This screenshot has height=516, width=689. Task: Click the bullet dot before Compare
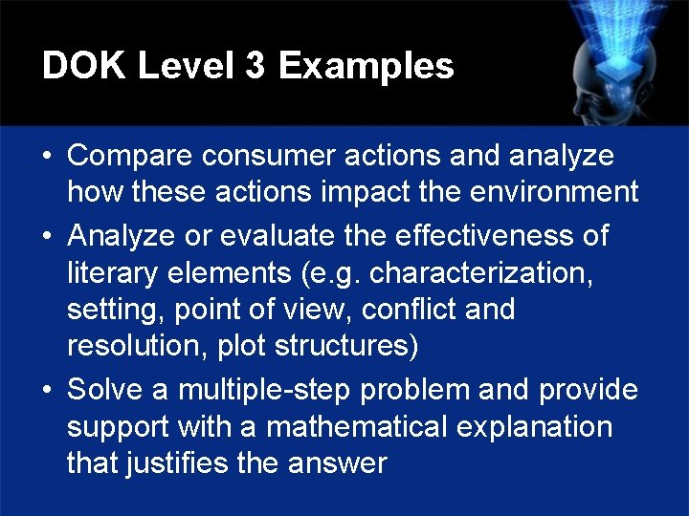(47, 157)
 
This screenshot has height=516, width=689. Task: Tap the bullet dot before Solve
(47, 391)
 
